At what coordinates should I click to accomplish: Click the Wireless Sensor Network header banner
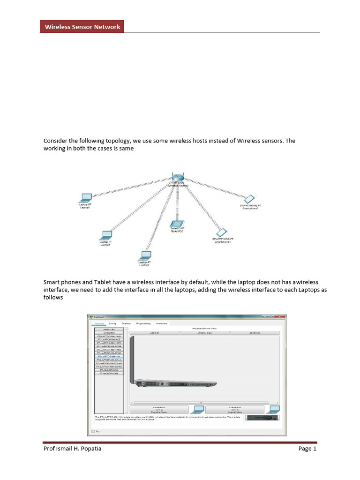(x=82, y=27)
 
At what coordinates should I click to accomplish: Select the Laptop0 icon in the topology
(x=86, y=198)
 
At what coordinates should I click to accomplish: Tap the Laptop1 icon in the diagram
(x=106, y=235)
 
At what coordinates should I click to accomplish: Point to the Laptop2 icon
(x=145, y=256)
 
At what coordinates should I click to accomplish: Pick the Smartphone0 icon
(x=251, y=198)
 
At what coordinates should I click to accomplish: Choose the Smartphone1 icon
(x=222, y=232)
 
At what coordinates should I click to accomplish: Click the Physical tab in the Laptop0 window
(x=99, y=323)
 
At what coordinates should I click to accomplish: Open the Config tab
(x=112, y=323)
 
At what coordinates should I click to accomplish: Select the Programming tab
(x=143, y=323)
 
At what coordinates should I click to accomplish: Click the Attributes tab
(x=161, y=323)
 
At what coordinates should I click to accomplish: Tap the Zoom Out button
(x=255, y=333)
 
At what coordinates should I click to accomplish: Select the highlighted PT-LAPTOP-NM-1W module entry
(x=109, y=356)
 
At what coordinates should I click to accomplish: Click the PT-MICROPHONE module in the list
(x=109, y=373)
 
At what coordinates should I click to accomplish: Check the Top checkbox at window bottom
(x=93, y=431)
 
